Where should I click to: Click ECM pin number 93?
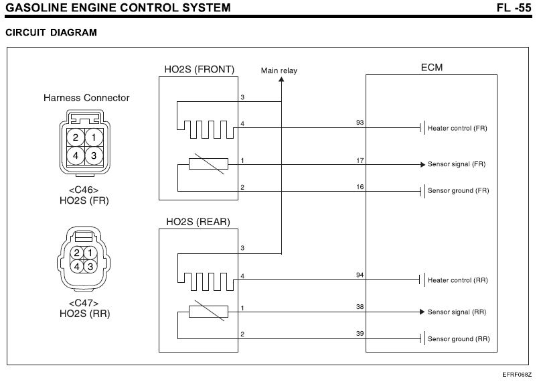(360, 123)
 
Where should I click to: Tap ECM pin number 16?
(360, 186)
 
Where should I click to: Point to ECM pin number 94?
(360, 275)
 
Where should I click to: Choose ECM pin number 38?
(360, 307)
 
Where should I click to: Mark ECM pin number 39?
(360, 334)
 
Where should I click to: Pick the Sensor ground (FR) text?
(459, 191)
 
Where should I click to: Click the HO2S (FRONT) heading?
(198, 68)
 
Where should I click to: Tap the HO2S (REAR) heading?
(196, 222)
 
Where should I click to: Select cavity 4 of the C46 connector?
(76, 155)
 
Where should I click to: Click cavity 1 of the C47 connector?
(90, 253)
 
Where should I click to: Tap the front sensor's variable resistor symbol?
(208, 164)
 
